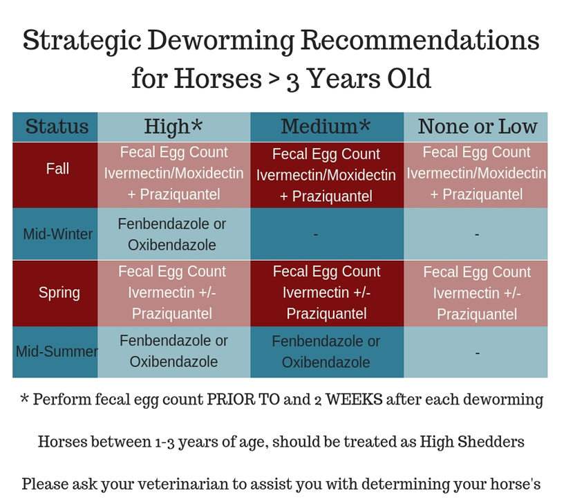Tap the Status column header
point(57,127)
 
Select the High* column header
point(173,127)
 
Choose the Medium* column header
point(326,127)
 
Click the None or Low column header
point(478,127)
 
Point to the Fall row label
point(57,169)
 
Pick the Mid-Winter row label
point(57,234)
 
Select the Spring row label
point(59,293)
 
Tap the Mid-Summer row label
point(57,351)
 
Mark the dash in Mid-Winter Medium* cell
point(316,234)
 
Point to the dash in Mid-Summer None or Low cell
point(478,353)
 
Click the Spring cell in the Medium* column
point(327,292)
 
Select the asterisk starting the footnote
point(24,398)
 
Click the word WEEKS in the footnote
point(354,400)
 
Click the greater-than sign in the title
point(274,80)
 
